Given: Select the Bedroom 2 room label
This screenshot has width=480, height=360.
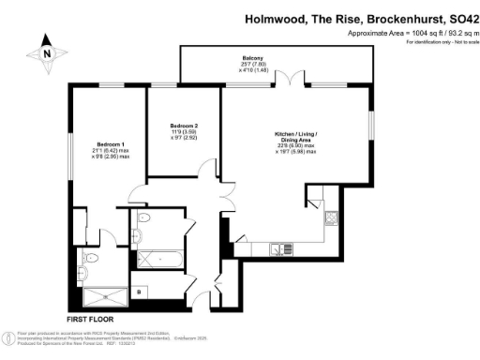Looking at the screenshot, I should click(185, 125).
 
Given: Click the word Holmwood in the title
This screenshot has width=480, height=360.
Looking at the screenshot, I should click(277, 18).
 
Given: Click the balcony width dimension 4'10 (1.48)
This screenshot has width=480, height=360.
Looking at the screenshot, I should click(253, 70).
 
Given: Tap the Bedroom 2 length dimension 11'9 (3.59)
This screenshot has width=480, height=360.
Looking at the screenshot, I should click(185, 132).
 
